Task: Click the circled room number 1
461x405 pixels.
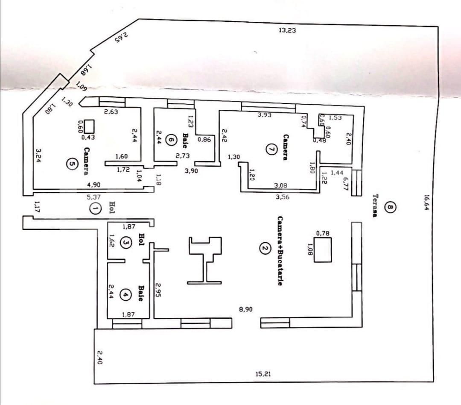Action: [96, 208]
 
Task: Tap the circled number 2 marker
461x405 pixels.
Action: [265, 248]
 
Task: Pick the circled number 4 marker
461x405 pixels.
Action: [125, 294]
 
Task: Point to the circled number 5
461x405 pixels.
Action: [71, 164]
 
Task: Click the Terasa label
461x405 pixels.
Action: [375, 206]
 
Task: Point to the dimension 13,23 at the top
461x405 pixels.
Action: [287, 30]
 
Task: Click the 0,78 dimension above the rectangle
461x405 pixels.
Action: [323, 233]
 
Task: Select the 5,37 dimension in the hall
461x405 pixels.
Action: [94, 197]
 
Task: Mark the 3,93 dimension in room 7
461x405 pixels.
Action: [265, 115]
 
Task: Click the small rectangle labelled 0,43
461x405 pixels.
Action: [89, 126]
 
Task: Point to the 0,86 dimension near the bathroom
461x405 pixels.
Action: [204, 139]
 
